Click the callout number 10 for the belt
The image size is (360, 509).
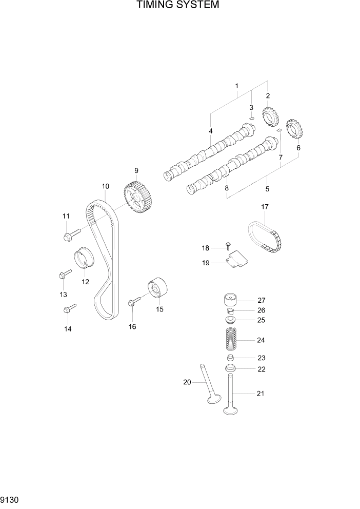pyautogui.click(x=105, y=187)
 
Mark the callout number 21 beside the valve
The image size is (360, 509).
pyautogui.click(x=260, y=394)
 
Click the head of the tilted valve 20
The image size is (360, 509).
pyautogui.click(x=213, y=401)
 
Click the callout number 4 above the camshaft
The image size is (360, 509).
pyautogui.click(x=210, y=131)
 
